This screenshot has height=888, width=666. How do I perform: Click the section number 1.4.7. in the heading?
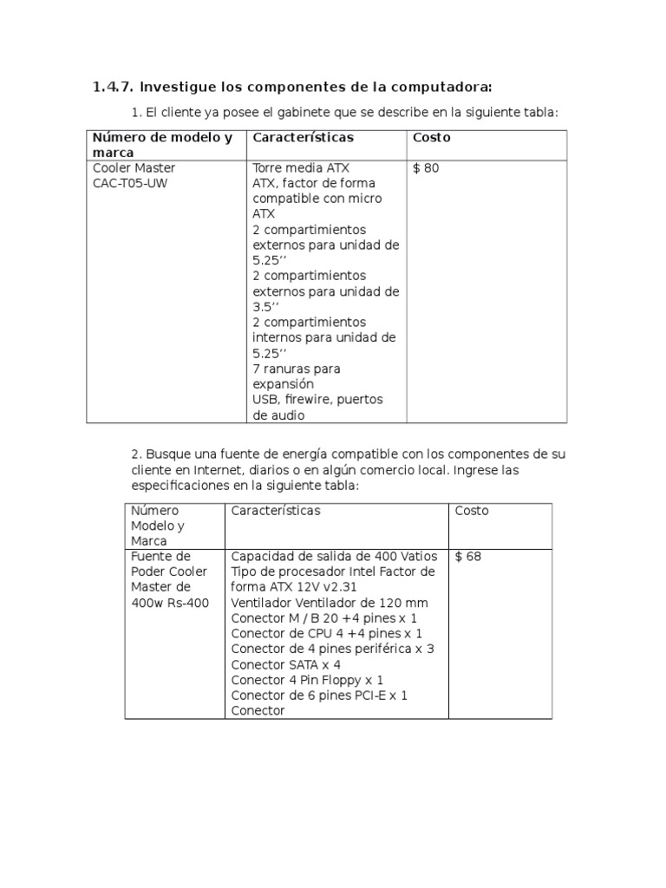point(113,88)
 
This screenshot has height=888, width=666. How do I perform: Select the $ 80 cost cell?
point(426,168)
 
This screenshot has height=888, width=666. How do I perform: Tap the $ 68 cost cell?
point(467,557)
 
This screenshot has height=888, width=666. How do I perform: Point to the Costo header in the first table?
point(431,138)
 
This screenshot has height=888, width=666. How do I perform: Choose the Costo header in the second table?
point(472,511)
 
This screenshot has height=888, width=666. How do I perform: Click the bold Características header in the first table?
point(303,138)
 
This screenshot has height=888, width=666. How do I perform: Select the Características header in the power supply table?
point(275,511)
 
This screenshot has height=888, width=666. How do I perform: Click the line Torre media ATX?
point(301,168)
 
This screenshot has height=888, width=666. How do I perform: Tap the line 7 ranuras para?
point(297,369)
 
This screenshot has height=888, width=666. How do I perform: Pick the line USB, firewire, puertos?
point(317,400)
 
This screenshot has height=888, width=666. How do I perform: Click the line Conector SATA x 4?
point(285,665)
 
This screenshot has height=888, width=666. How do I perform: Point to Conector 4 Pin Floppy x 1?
point(307,681)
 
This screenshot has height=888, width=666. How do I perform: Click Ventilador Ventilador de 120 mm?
point(329,603)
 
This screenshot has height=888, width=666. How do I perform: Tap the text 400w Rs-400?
point(170,603)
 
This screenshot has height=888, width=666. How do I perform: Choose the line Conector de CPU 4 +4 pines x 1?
point(326,634)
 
